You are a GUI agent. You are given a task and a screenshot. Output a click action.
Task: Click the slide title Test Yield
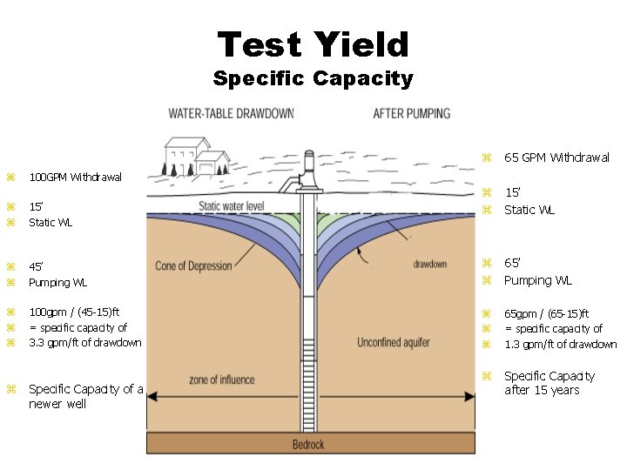click(313, 44)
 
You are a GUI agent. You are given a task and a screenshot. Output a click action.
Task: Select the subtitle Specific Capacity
click(313, 78)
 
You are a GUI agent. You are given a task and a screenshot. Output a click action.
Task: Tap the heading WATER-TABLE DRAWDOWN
click(231, 113)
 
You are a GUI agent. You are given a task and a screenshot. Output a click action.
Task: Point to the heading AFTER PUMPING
click(412, 113)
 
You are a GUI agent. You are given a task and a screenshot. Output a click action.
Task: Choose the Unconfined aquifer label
click(394, 343)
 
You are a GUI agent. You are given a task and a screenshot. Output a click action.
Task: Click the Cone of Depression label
click(193, 265)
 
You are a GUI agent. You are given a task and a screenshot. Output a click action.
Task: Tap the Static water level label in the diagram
click(232, 206)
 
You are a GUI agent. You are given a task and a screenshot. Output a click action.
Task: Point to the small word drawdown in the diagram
click(430, 264)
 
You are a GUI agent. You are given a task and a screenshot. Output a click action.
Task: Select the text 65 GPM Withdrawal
click(556, 158)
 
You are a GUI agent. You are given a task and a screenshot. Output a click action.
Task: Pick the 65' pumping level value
click(515, 264)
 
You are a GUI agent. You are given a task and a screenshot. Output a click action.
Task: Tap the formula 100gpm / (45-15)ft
click(74, 312)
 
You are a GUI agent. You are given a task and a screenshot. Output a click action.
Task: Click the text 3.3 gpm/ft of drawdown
click(84, 342)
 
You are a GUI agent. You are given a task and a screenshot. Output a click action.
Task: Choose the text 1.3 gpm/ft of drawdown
click(560, 344)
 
